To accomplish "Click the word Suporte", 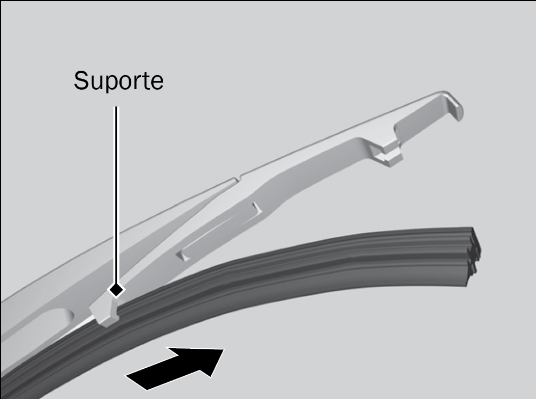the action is point(119,82).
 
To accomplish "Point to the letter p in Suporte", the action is point(111,84).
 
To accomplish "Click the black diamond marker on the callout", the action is point(116,290).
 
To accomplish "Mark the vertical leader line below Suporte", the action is point(116,195).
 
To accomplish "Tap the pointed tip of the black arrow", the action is point(224,349).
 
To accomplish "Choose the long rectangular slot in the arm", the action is point(219,232).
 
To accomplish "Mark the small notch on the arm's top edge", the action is point(238,178).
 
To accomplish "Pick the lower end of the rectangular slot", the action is point(182,255).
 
